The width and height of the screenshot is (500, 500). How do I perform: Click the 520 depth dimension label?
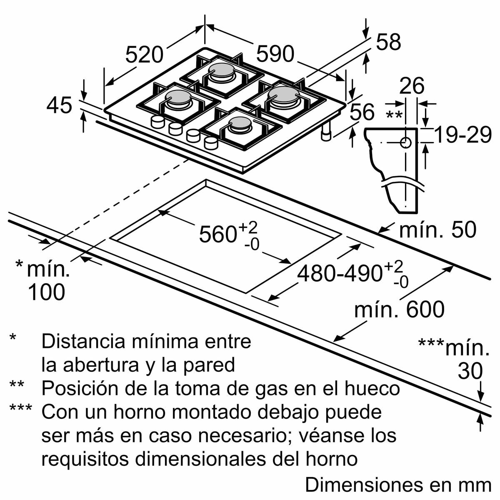(x=144, y=55)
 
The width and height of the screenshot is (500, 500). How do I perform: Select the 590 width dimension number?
(x=275, y=54)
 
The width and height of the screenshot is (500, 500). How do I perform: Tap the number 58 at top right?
(x=388, y=42)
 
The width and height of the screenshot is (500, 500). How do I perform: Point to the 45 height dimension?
(x=59, y=105)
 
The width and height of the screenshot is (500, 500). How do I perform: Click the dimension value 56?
(x=362, y=112)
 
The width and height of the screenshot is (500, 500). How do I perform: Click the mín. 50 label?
(x=437, y=230)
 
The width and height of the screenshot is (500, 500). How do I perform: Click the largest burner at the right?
(x=284, y=96)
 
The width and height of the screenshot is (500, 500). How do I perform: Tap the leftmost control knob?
(x=157, y=122)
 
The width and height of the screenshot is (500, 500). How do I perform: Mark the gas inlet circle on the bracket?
(x=405, y=143)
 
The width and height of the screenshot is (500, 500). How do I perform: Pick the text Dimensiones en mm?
(x=398, y=485)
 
